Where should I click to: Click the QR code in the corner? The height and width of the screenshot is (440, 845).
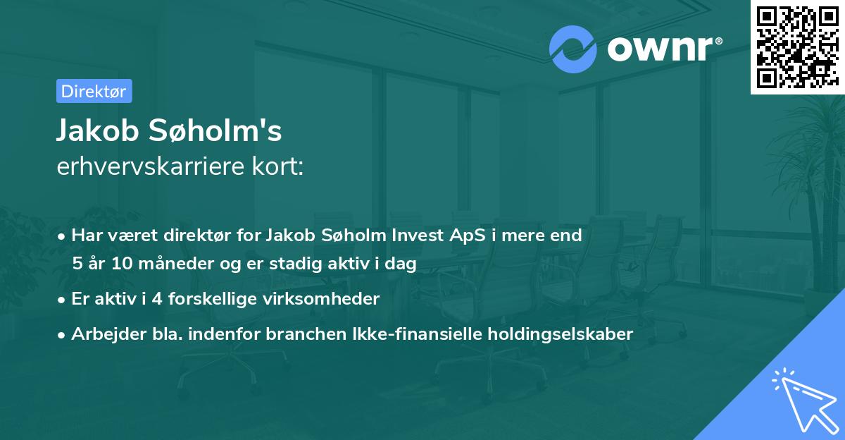coord(797,47)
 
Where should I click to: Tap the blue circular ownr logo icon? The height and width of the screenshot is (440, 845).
coord(572,49)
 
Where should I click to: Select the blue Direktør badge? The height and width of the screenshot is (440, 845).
coord(94,91)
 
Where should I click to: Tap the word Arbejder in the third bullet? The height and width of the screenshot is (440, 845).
coord(103,334)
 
